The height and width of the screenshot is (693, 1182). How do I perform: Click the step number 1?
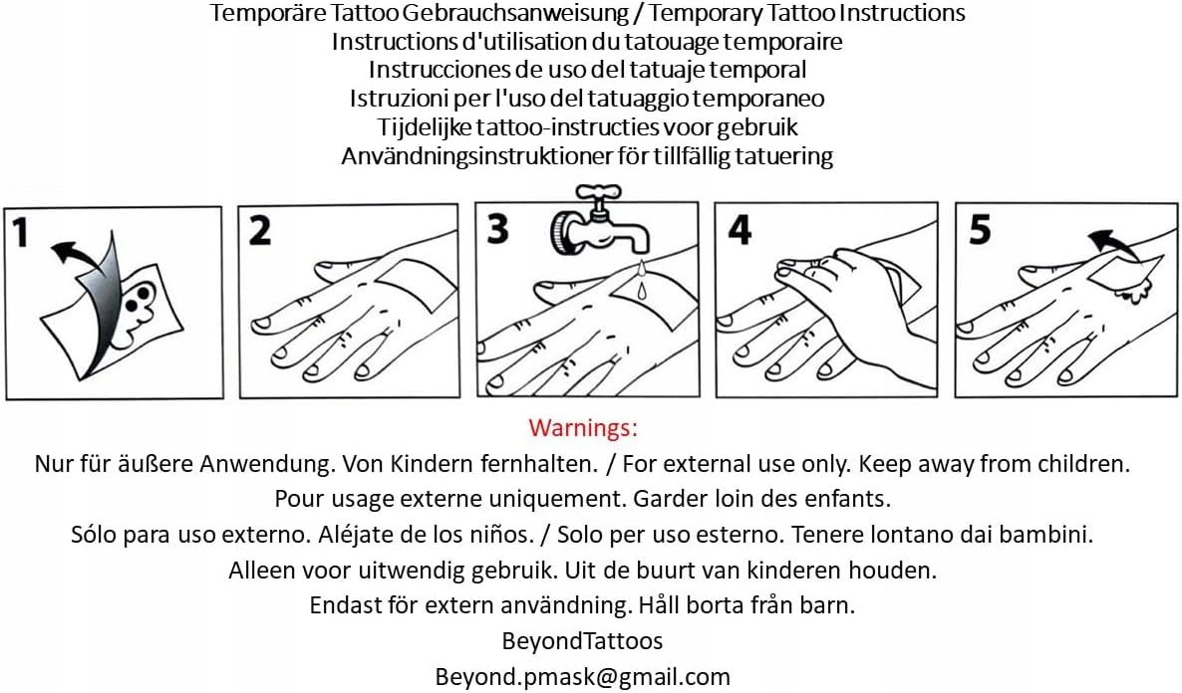(x=21, y=232)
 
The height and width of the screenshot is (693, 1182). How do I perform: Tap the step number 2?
(x=259, y=230)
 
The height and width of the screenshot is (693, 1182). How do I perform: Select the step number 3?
(x=497, y=229)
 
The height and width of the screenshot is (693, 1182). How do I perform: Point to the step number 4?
(x=739, y=230)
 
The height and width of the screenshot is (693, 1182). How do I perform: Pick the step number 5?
(x=980, y=230)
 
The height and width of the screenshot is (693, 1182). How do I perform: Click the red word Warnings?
(x=583, y=428)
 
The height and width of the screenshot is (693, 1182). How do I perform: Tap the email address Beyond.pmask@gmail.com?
(x=583, y=676)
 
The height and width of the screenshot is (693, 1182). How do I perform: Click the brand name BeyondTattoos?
(x=583, y=640)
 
